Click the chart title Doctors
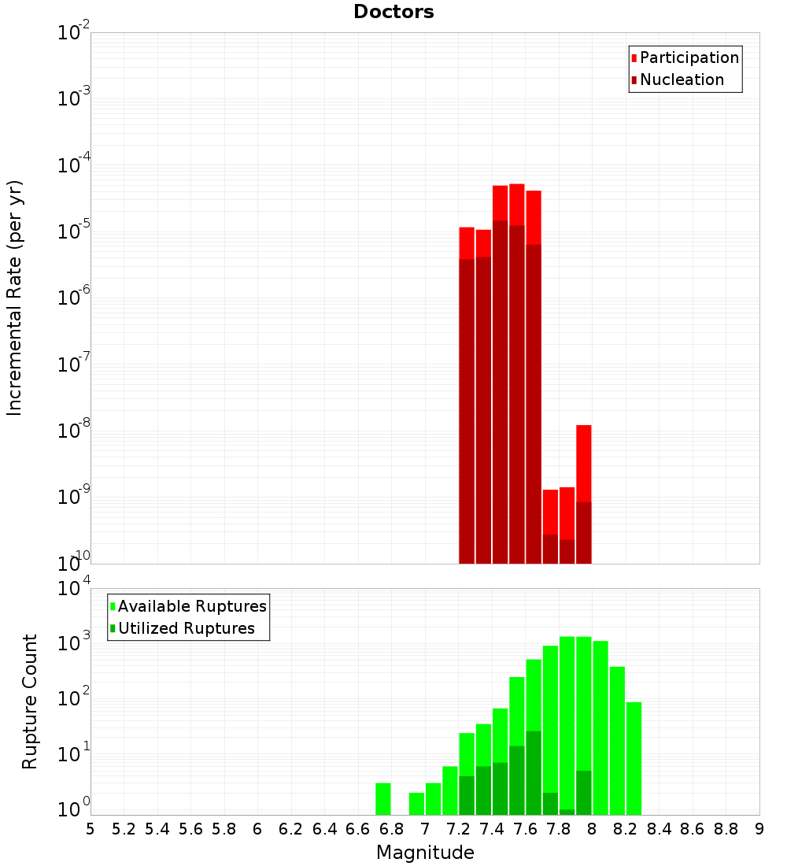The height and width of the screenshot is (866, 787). (393, 12)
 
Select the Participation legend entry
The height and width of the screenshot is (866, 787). (689, 57)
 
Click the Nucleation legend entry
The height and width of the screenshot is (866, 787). (681, 80)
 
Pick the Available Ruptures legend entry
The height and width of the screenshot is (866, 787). (191, 606)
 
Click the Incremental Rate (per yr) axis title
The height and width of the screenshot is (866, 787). (15, 298)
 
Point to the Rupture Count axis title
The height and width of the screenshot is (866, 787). (30, 701)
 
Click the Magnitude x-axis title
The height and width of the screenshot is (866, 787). (425, 853)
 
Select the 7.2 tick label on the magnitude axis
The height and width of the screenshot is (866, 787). (459, 828)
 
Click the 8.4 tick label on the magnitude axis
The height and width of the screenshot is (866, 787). (660, 828)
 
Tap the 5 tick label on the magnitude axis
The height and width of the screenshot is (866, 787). (91, 828)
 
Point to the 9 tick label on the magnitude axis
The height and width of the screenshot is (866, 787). (759, 828)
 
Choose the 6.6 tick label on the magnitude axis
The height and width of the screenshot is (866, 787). (358, 828)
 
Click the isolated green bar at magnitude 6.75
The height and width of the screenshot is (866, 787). (383, 798)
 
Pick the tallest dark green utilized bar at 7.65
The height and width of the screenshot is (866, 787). (534, 772)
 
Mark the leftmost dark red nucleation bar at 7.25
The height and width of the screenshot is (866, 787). (467, 410)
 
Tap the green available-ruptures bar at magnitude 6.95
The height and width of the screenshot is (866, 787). (416, 803)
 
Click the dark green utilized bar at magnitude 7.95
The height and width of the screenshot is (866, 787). (584, 792)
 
